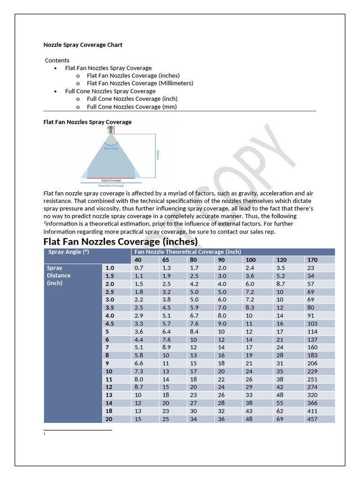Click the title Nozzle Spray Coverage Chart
coord(83,45)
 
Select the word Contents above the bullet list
coord(57,60)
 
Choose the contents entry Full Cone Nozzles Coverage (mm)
coord(132,107)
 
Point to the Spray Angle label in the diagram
coord(111,148)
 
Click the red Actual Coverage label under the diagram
coord(111,180)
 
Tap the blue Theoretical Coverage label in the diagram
coord(111,186)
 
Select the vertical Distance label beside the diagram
coord(158,155)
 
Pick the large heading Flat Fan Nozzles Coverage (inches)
coord(120,241)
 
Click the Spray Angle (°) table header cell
coord(68,252)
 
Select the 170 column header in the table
coord(312,260)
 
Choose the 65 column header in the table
coord(166,260)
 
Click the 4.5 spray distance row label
coord(110,323)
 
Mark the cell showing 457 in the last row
coord(313,419)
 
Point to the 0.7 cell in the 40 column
coord(139,268)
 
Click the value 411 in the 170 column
coord(313,411)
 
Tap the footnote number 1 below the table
coord(44,434)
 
